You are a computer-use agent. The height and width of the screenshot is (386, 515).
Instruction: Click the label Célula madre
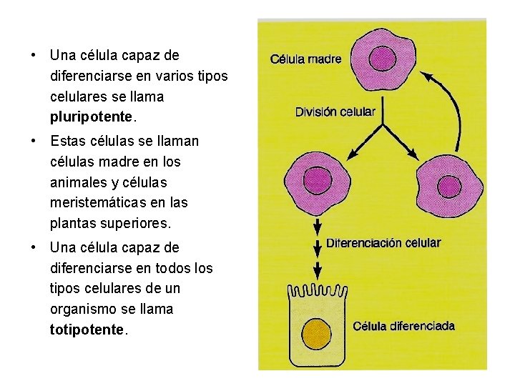click(305, 59)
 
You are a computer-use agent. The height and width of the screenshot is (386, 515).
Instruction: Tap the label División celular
click(335, 112)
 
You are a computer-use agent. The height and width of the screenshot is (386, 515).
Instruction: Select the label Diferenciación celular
click(383, 243)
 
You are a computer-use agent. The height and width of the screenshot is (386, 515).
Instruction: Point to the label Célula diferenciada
click(403, 327)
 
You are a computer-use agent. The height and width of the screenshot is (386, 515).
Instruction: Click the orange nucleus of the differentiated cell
click(318, 333)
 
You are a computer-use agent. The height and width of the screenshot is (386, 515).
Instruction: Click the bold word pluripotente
click(91, 116)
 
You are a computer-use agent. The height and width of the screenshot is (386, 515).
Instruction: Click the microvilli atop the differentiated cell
click(318, 291)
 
